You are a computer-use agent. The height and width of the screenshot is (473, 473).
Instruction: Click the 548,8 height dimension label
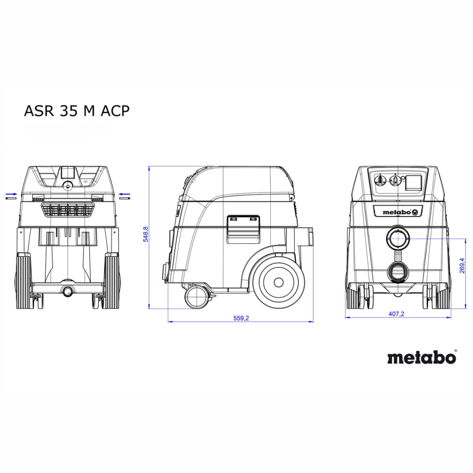[146, 234]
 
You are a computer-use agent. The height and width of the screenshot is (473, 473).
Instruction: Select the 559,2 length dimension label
[241, 318]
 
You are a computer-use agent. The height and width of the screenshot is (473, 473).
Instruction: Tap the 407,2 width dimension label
[396, 314]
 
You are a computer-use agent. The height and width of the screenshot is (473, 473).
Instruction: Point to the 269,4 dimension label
[462, 266]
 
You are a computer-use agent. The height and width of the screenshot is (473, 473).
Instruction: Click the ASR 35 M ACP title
[77, 111]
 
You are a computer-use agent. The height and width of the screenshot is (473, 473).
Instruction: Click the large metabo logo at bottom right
[421, 357]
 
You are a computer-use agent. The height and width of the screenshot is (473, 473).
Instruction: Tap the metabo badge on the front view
[397, 212]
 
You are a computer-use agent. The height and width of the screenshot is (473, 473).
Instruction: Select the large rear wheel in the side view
[278, 283]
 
